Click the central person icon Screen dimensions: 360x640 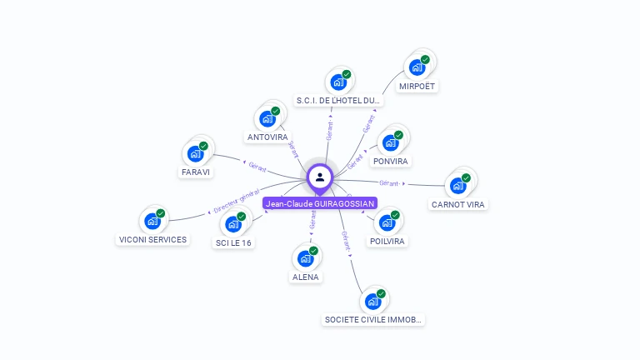coord(320,177)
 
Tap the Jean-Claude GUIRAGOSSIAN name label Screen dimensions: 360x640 coord(320,203)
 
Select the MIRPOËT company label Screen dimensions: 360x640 coord(417,86)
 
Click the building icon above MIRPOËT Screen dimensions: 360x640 coord(417,67)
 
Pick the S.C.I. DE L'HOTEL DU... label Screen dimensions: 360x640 coord(338,101)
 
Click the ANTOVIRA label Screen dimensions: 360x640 coord(267,137)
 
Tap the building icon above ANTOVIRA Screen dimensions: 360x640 coord(267,118)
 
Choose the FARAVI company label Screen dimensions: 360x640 coord(196,172)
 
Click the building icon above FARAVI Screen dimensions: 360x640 coord(196,153)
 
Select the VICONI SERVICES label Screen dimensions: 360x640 coord(152,239)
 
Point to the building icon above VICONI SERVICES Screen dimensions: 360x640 coord(152,221)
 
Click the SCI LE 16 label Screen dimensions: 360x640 coord(234,242)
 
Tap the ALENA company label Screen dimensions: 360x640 coord(305,277)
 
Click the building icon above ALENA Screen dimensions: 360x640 coord(305,258)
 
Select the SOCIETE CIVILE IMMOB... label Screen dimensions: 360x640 coord(373,319)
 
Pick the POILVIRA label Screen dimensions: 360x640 coord(387,241)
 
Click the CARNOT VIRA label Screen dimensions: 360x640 coord(458,204)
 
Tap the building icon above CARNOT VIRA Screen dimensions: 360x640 coord(458,185)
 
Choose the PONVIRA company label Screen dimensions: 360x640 coord(391,161)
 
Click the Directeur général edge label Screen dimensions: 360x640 coord(237,201)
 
